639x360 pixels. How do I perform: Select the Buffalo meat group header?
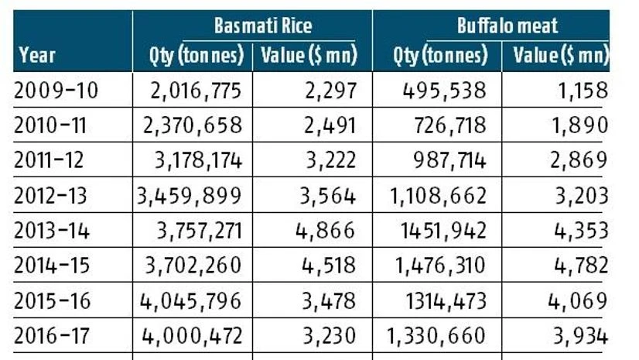pos(507,26)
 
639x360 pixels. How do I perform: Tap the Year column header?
pos(37,55)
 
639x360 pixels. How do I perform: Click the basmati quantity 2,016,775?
pos(196,91)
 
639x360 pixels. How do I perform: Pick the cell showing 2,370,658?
pos(196,125)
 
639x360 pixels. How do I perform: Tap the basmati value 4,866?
pos(329,230)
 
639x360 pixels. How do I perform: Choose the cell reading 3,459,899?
pos(190,195)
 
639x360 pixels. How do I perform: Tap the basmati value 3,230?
pos(329,335)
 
